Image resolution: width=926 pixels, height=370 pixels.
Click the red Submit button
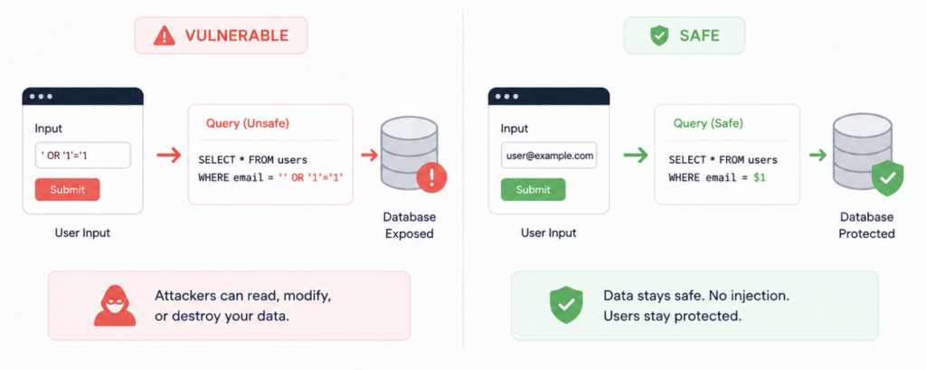pyautogui.click(x=67, y=190)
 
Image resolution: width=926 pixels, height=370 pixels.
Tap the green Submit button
pyautogui.click(x=533, y=190)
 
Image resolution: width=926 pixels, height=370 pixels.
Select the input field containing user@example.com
pyautogui.click(x=549, y=156)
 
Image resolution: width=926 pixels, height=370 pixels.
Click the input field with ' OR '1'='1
pyautogui.click(x=82, y=156)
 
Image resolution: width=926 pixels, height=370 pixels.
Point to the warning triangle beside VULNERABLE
pyautogui.click(x=164, y=36)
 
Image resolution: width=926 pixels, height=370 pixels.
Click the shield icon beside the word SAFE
pyautogui.click(x=658, y=36)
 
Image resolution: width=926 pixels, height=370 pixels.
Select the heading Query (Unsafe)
pyautogui.click(x=248, y=124)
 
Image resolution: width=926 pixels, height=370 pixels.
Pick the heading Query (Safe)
pyautogui.click(x=708, y=124)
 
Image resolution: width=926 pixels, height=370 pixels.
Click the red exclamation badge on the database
pyautogui.click(x=431, y=176)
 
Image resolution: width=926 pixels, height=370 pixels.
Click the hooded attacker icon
pyautogui.click(x=115, y=306)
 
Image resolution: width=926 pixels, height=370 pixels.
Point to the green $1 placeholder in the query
pyautogui.click(x=760, y=177)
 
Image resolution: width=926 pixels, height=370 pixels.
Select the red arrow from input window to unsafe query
pyautogui.click(x=169, y=156)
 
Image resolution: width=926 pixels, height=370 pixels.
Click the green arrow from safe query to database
pyautogui.click(x=817, y=156)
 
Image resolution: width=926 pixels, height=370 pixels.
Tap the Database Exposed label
pyautogui.click(x=410, y=225)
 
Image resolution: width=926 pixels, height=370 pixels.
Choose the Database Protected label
pyautogui.click(x=866, y=225)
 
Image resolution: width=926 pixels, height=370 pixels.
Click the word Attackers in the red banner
pyautogui.click(x=182, y=296)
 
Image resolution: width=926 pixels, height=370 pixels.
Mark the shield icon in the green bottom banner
pyautogui.click(x=566, y=305)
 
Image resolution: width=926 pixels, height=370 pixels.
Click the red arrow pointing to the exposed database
pyautogui.click(x=369, y=156)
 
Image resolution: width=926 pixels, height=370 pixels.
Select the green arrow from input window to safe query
pyautogui.click(x=636, y=156)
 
